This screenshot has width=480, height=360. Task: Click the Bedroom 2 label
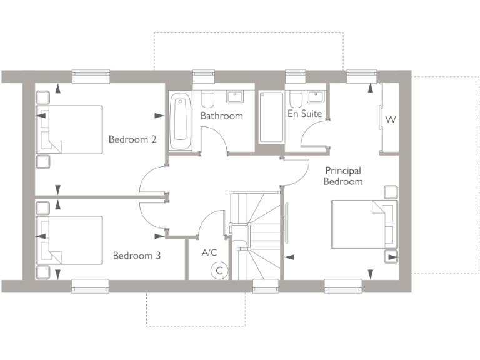pyautogui.click(x=132, y=139)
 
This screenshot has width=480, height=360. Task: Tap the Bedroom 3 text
pyautogui.click(x=136, y=256)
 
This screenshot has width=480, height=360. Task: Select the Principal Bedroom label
pyautogui.click(x=343, y=176)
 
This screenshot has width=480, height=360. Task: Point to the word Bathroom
pyautogui.click(x=221, y=116)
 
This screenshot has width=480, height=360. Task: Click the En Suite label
pyautogui.click(x=304, y=114)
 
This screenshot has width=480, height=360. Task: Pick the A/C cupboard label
pyautogui.click(x=209, y=252)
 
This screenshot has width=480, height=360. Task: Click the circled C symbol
pyautogui.click(x=219, y=271)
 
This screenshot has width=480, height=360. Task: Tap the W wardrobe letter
pyautogui.click(x=391, y=119)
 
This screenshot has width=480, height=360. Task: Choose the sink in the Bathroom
pyautogui.click(x=235, y=96)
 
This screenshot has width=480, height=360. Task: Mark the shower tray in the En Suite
pyautogui.click(x=271, y=117)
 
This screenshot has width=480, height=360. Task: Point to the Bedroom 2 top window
pyautogui.click(x=91, y=77)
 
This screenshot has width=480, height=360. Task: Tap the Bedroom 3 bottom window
pyautogui.click(x=90, y=286)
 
